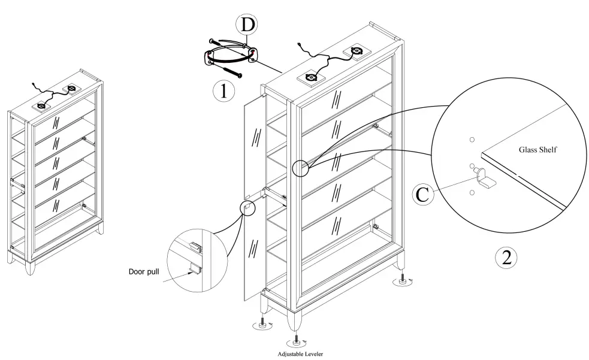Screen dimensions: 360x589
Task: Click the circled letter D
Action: (x=246, y=25)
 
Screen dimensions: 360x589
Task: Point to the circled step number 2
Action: (x=506, y=258)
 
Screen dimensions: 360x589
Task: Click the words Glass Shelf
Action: (x=538, y=150)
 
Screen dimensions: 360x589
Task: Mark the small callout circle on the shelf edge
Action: (x=300, y=168)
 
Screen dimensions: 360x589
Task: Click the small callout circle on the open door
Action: (x=247, y=207)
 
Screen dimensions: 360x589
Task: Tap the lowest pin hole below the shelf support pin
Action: (x=472, y=192)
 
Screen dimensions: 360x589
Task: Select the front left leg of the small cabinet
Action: (x=29, y=266)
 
